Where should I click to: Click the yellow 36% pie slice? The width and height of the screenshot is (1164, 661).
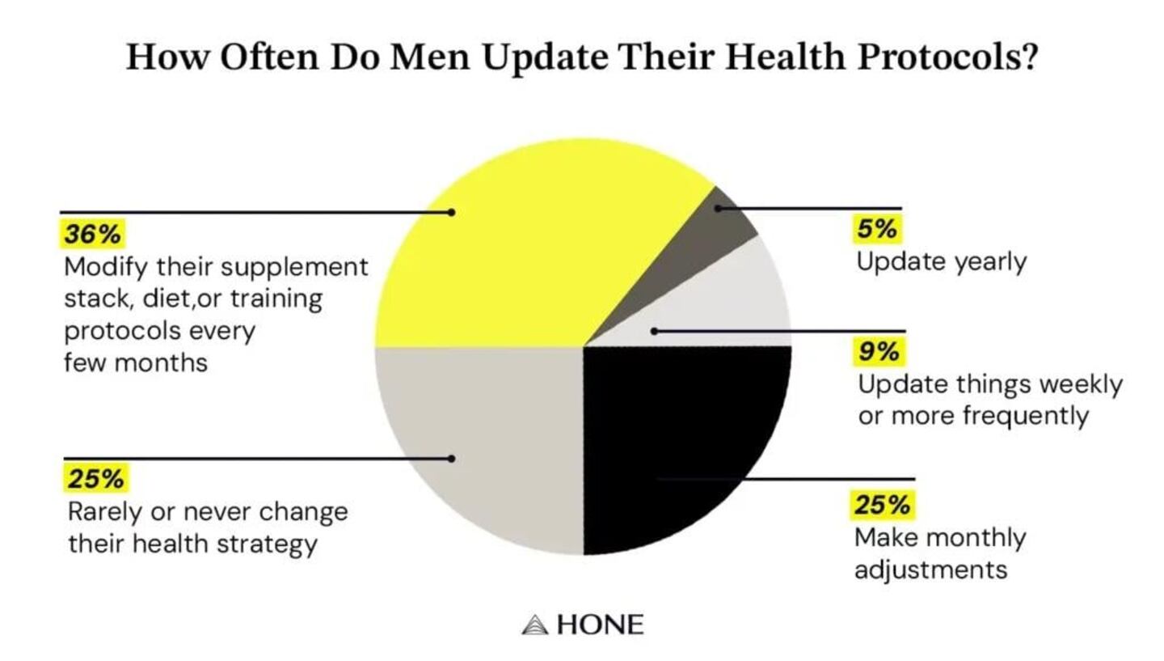coord(517,259)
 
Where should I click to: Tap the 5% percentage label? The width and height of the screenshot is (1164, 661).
coord(877,229)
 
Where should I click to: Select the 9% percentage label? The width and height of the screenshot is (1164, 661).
coord(879,351)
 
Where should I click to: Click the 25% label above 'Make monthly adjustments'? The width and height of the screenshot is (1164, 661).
coord(882,505)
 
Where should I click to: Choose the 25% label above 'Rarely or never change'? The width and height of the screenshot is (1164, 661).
coord(96,479)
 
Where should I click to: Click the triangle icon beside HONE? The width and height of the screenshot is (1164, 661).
coord(534,625)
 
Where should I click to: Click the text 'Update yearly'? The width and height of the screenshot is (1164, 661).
coord(941,262)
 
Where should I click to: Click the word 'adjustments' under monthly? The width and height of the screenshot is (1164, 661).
coord(930,570)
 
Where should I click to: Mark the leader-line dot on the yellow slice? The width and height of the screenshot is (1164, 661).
coord(452,212)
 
